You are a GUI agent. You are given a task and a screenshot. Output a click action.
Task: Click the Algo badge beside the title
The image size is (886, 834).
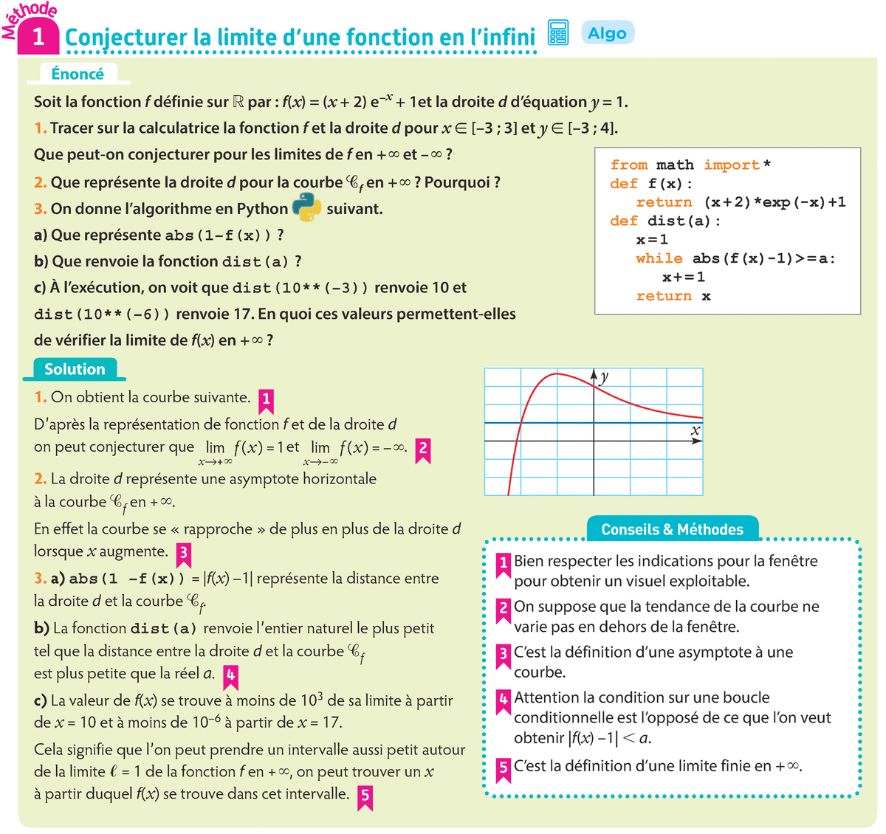(x=608, y=33)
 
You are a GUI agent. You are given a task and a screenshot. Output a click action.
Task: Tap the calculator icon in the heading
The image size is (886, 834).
(x=558, y=33)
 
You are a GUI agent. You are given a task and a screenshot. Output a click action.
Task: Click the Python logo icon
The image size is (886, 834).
(x=307, y=208)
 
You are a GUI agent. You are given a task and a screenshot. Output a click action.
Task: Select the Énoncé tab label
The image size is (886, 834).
(x=78, y=74)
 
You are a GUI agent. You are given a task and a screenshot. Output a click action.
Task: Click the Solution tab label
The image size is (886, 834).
(x=75, y=369)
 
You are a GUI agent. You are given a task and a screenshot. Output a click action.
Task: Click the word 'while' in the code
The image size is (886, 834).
(x=659, y=258)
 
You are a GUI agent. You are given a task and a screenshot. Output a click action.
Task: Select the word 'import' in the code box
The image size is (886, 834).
(x=731, y=165)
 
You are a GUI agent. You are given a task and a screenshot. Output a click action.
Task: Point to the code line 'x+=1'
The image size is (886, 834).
(x=683, y=278)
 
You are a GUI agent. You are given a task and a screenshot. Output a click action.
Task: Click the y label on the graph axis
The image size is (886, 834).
(x=605, y=377)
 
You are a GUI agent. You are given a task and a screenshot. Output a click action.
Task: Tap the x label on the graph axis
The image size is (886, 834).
(x=695, y=430)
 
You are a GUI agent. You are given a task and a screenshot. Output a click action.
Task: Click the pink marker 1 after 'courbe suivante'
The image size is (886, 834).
(x=266, y=400)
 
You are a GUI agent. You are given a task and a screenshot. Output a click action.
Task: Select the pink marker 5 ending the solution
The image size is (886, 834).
(x=365, y=796)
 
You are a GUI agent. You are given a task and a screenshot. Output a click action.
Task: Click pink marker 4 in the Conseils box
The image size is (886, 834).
(x=504, y=699)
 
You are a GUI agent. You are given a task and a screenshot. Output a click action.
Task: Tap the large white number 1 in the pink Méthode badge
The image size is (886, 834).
(x=38, y=37)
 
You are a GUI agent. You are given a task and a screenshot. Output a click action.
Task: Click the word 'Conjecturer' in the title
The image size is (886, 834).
(x=126, y=38)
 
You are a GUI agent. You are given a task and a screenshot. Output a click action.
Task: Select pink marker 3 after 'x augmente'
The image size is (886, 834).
(x=183, y=553)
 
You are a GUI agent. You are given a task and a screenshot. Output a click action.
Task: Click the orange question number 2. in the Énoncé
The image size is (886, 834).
(x=40, y=182)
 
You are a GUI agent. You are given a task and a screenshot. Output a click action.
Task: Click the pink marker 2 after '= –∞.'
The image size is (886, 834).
(x=422, y=449)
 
